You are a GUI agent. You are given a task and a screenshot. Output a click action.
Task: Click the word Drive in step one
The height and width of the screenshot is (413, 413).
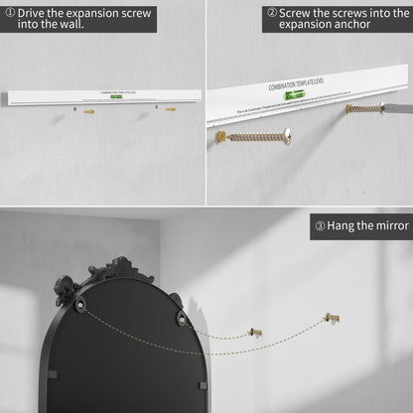(37, 13)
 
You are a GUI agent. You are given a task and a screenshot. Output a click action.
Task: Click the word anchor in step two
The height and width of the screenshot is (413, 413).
(368, 29)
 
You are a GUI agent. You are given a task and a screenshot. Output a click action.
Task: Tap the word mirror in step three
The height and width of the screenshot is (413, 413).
(388, 225)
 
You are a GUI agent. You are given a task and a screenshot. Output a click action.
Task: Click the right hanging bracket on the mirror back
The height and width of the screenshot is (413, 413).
(183, 319)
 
